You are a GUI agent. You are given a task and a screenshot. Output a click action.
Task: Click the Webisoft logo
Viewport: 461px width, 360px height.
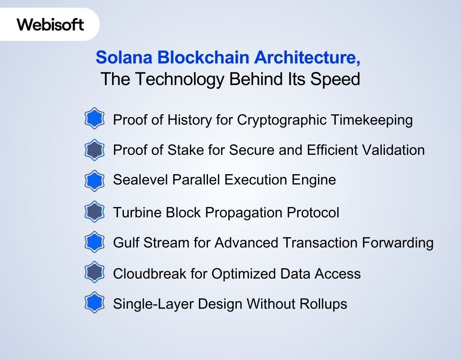tap(50, 24)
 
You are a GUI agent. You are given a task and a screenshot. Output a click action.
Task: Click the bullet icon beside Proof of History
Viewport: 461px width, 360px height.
tap(95, 119)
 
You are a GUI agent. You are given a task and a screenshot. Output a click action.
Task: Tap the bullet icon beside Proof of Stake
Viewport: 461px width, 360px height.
tap(95, 150)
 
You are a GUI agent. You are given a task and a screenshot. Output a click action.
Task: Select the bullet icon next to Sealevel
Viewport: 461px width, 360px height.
tap(95, 180)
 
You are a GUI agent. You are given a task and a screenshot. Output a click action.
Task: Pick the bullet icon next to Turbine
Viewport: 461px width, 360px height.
tap(95, 212)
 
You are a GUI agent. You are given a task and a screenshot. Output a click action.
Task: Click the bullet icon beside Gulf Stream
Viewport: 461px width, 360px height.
tap(95, 243)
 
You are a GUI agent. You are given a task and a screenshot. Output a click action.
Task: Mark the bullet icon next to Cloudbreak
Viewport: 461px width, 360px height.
tap(95, 273)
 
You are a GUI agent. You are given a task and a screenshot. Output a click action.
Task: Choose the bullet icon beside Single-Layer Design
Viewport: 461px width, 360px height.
tap(95, 303)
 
